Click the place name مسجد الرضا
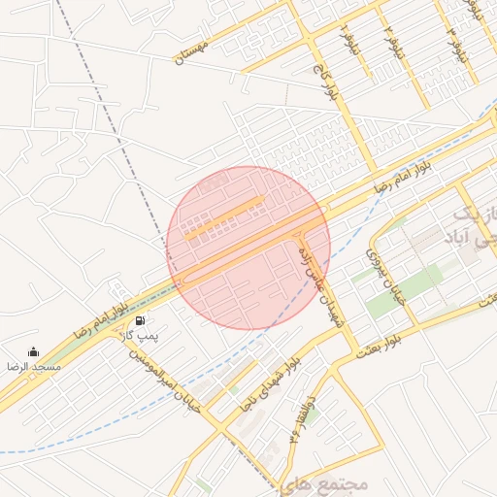tap(34, 368)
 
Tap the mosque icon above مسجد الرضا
tap(34, 352)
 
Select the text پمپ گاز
tap(139, 335)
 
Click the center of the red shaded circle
tap(248, 248)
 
